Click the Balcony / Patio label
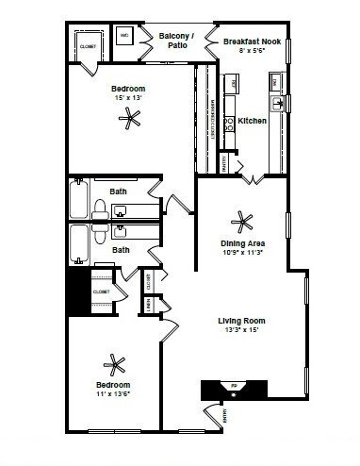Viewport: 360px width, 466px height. [176, 41]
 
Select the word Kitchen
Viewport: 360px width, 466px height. [252, 121]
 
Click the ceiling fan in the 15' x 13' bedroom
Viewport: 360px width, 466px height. [131, 118]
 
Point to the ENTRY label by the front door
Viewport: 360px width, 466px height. [224, 415]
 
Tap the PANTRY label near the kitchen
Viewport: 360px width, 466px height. [223, 165]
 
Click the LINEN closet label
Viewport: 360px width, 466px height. [148, 304]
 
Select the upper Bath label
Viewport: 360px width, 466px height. [120, 191]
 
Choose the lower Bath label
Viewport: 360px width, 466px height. [120, 250]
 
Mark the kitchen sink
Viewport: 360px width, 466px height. [279, 103]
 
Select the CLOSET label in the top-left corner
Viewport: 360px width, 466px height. [86, 44]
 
